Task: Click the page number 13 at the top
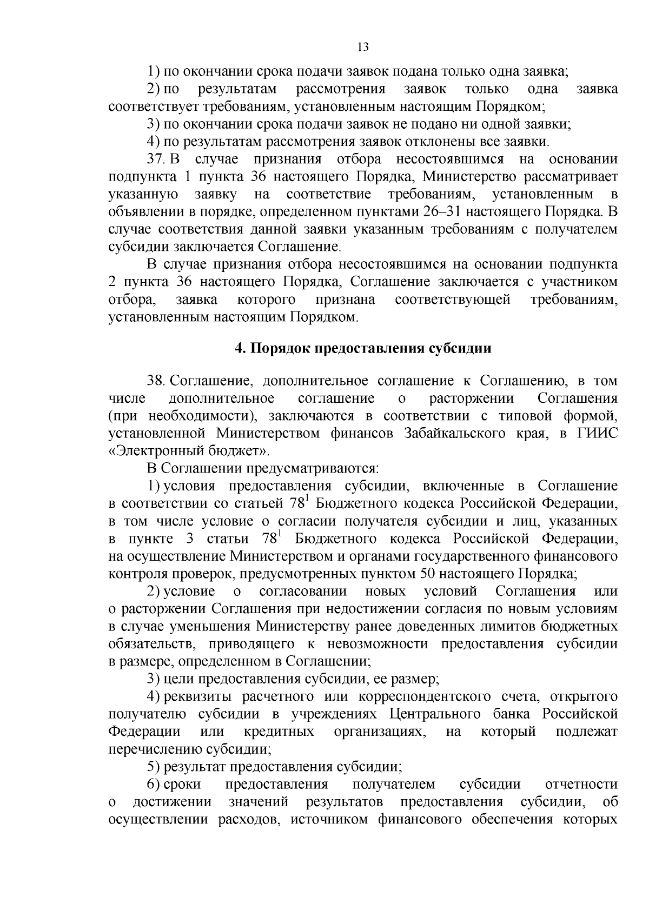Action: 363,47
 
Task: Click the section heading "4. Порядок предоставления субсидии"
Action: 363,348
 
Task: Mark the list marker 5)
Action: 154,767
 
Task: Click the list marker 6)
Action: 154,785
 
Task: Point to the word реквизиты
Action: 198,696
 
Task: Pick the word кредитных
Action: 279,732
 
